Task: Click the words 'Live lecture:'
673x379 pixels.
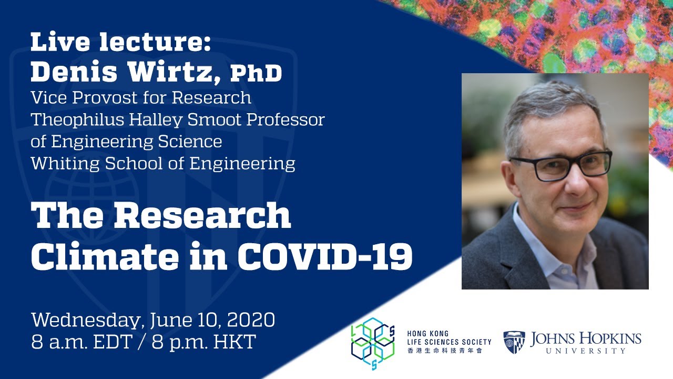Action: (120, 42)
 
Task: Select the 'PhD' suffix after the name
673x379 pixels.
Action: (256, 74)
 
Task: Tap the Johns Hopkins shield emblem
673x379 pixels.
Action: (514, 342)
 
